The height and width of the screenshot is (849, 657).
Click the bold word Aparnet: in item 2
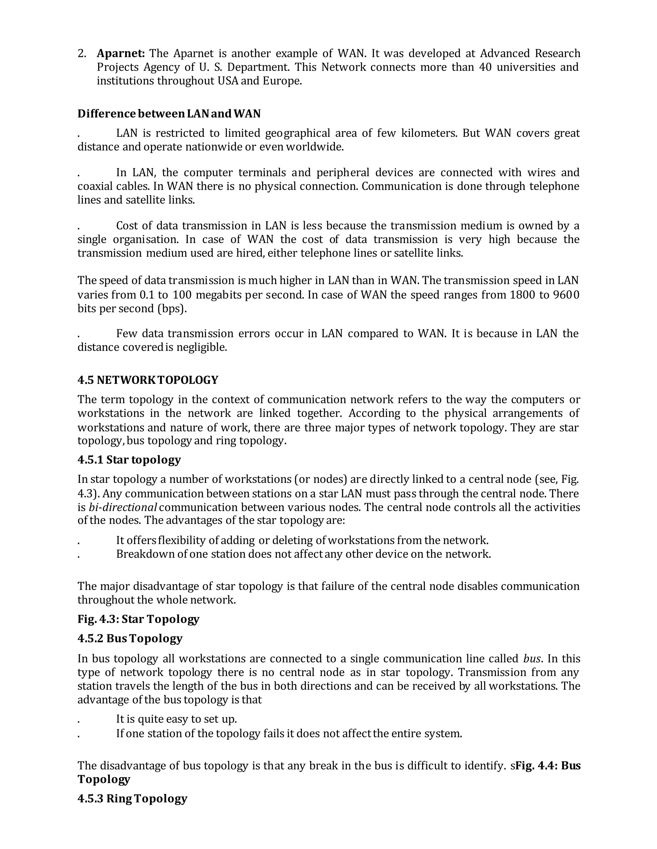(x=121, y=53)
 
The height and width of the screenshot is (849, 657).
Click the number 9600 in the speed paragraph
(x=566, y=295)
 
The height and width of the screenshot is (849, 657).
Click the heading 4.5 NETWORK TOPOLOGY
(x=148, y=380)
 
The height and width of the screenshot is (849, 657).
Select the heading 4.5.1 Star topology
(x=129, y=459)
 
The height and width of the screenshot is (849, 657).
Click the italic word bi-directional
(x=123, y=507)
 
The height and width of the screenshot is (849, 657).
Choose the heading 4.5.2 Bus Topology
(x=130, y=638)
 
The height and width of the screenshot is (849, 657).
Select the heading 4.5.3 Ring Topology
(x=132, y=798)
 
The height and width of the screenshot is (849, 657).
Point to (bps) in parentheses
(x=172, y=309)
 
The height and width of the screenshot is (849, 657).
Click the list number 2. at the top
(x=82, y=53)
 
